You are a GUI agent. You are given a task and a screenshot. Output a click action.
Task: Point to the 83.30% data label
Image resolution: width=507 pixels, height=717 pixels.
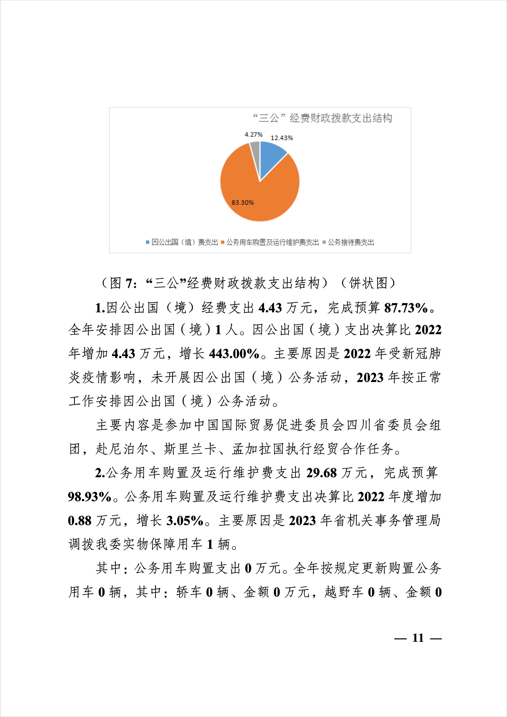click(x=242, y=203)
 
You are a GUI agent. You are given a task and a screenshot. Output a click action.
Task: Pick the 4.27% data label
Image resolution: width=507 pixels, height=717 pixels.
click(x=253, y=135)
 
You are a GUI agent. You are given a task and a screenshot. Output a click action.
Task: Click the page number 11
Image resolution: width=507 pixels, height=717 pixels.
click(x=418, y=638)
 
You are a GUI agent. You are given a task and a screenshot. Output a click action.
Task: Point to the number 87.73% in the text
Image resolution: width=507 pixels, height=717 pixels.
click(x=406, y=308)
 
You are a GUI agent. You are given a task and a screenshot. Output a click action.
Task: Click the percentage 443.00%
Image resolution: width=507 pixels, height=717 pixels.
click(x=234, y=354)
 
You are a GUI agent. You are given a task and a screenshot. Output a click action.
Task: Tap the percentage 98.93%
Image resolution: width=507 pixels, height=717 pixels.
click(x=90, y=497)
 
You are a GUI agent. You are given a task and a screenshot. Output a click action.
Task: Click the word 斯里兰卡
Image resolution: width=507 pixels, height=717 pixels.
click(x=190, y=449)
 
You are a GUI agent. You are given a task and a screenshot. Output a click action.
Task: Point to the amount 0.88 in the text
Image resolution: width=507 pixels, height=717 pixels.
click(x=80, y=521)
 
